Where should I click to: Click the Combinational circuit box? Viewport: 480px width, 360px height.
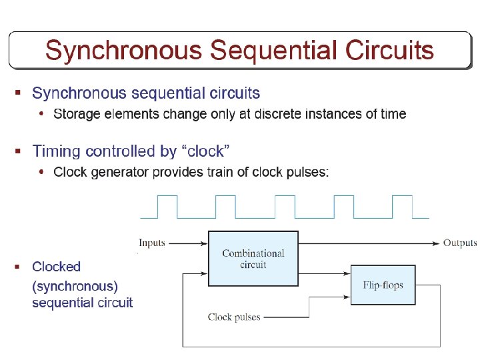point(253,259)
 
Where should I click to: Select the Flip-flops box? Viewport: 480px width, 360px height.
point(383,285)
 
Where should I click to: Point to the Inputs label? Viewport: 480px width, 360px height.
point(152,243)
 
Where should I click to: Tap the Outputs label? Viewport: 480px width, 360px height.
point(460,243)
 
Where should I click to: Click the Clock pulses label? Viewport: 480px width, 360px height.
point(234,317)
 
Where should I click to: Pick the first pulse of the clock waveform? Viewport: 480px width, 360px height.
point(167,207)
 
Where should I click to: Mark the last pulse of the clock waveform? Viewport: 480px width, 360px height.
point(403,207)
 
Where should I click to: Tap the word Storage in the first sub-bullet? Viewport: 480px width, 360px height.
point(76,114)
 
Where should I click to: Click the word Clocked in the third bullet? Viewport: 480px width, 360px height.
point(57,267)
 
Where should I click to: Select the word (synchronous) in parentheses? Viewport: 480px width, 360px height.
point(75,286)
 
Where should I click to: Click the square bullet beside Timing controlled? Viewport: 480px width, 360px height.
point(19,151)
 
